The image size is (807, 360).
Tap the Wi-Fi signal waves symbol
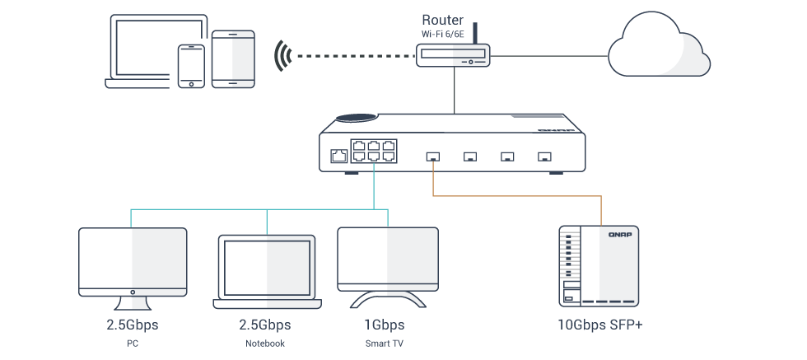coord(283,56)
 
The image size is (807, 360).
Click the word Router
coord(442,19)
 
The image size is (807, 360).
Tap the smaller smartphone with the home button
coord(191,65)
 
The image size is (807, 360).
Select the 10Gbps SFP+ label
coord(600,324)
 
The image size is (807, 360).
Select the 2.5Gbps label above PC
coord(132,324)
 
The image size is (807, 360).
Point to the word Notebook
coord(265,343)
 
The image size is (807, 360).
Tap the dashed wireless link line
coord(354,56)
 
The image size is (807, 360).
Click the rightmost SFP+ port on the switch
coord(543,155)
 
